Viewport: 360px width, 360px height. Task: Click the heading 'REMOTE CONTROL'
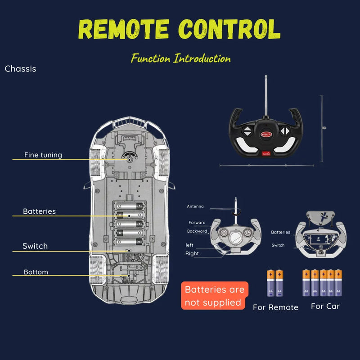[179, 29]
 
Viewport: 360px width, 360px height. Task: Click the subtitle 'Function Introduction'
[181, 58]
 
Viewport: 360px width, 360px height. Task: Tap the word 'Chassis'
[20, 69]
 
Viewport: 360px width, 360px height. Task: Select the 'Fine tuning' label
[43, 155]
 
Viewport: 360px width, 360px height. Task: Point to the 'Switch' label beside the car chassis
[35, 246]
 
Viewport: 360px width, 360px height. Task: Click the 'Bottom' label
[36, 272]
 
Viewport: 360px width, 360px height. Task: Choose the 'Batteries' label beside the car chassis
[40, 211]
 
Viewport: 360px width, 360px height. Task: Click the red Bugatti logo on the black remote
[266, 134]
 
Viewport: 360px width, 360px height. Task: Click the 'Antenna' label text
[195, 207]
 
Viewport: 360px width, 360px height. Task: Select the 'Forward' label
[197, 222]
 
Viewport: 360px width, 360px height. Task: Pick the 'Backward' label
[197, 231]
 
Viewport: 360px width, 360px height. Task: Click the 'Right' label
[192, 253]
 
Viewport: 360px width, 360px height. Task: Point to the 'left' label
[189, 245]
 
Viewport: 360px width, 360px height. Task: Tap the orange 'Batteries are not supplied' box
[213, 296]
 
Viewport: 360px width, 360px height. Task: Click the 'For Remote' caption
[275, 307]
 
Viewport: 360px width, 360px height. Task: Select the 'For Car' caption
[325, 306]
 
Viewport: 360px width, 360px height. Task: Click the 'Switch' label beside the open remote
[278, 245]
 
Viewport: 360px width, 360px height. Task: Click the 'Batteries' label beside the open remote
[281, 232]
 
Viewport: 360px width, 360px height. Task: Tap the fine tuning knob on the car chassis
[129, 159]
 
